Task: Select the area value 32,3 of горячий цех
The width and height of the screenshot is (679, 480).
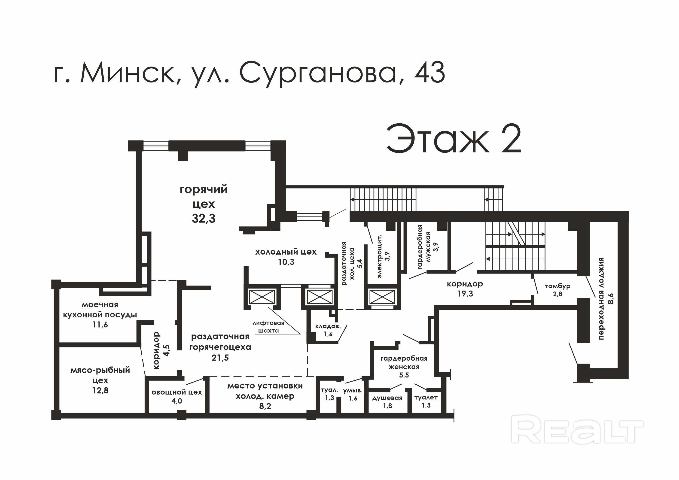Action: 204,218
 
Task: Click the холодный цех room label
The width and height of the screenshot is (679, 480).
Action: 286,252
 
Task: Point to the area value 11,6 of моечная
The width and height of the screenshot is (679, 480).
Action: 100,325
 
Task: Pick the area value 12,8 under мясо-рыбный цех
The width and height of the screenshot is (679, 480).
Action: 100,390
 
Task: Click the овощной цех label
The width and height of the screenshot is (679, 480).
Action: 177,392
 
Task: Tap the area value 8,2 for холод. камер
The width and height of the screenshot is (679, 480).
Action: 265,406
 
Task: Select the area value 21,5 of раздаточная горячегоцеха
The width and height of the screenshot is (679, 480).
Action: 220,358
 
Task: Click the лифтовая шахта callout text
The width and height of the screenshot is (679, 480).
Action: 268,327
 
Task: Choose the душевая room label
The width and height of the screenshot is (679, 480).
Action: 387,398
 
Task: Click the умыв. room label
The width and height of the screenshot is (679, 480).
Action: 353,391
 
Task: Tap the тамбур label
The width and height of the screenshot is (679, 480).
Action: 557,286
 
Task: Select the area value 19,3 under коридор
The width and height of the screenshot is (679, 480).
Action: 465,294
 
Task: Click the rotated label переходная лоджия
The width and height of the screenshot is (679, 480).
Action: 601,298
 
